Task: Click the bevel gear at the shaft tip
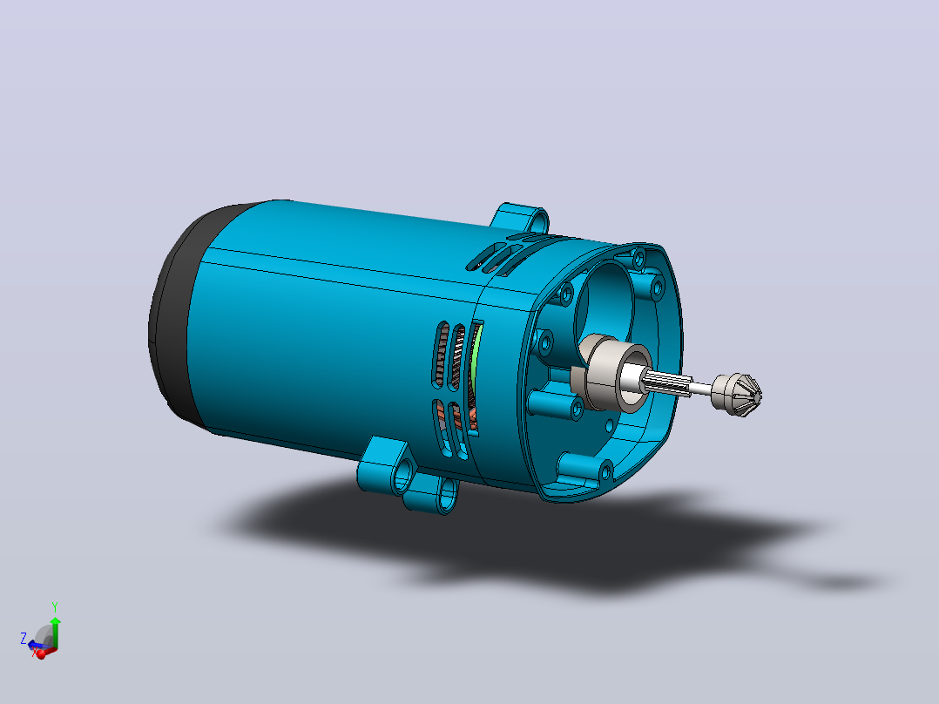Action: pos(738,395)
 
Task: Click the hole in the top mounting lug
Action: pos(538,221)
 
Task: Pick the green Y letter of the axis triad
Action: pos(55,607)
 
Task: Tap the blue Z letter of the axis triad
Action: pos(24,638)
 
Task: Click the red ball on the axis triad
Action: pos(41,654)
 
